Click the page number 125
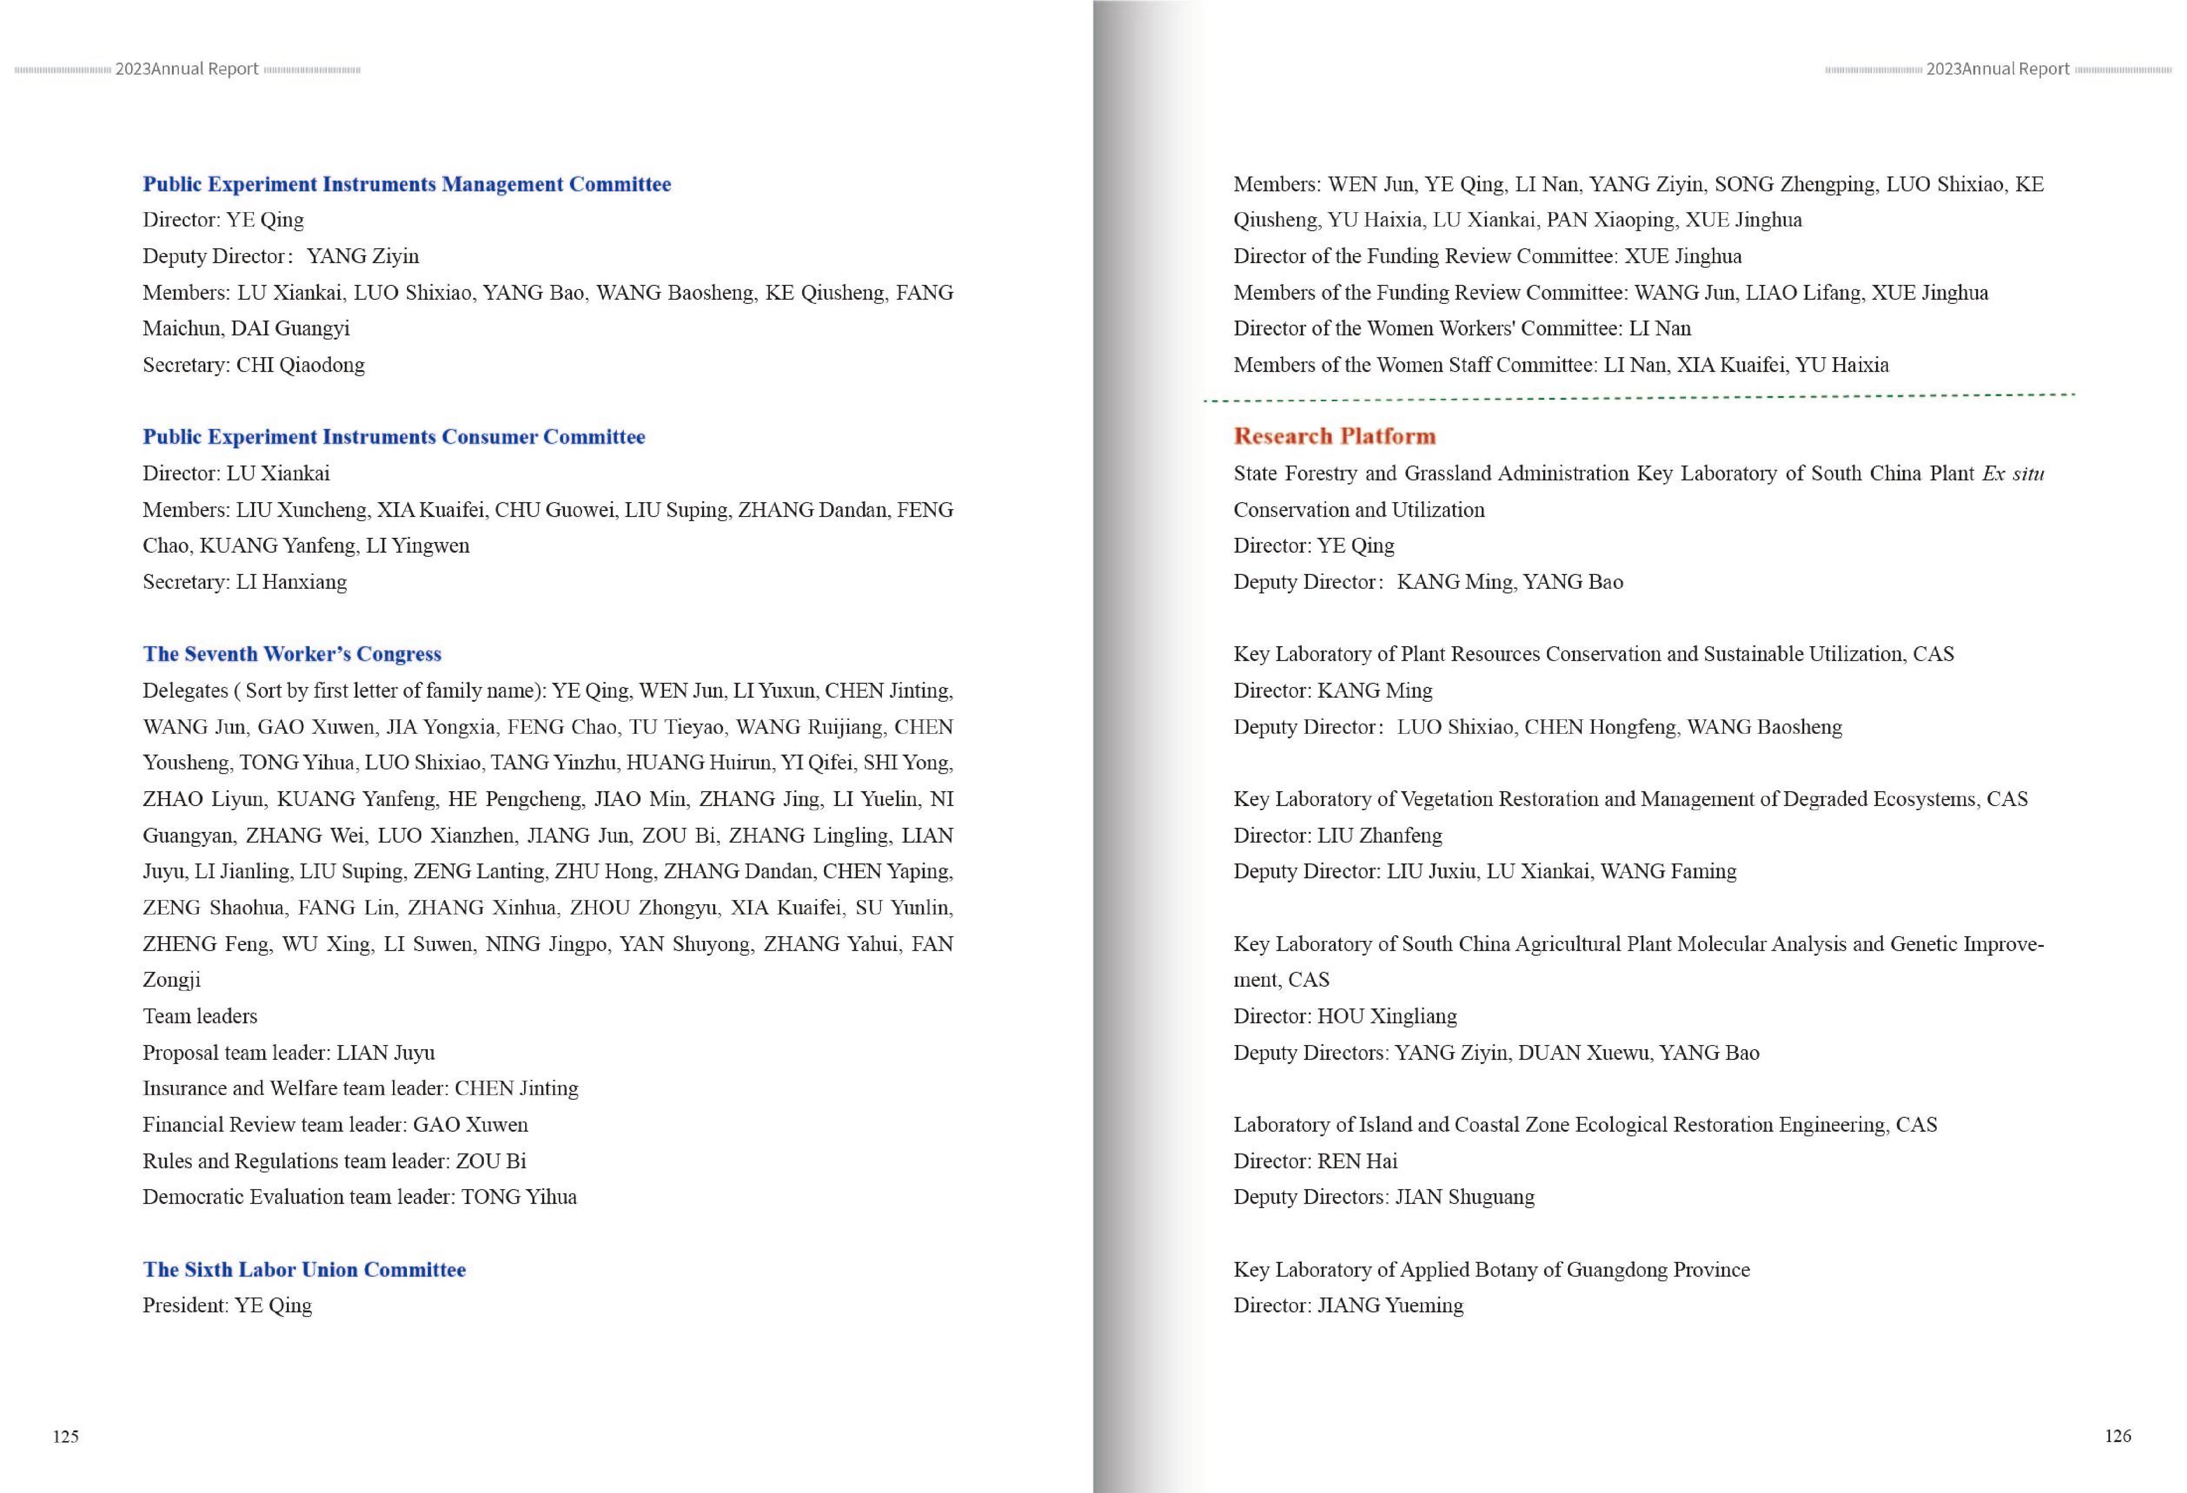point(66,1436)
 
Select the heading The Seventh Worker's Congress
point(292,654)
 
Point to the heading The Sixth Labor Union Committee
point(304,1269)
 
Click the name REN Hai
point(1357,1161)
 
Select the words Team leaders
point(199,1016)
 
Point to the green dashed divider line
point(1637,398)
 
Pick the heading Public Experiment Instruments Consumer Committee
point(393,436)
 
